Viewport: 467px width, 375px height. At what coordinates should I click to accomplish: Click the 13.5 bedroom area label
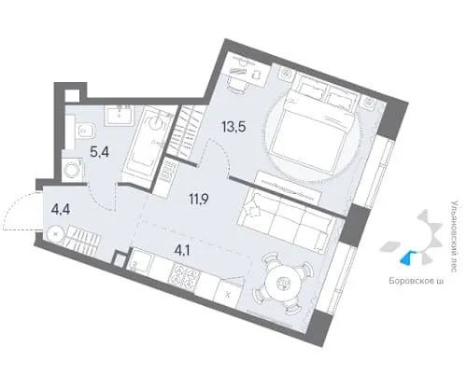233,127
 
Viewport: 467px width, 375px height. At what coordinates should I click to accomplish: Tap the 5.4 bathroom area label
99,152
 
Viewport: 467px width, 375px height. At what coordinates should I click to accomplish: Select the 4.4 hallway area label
61,209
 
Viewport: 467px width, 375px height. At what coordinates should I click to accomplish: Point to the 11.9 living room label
200,198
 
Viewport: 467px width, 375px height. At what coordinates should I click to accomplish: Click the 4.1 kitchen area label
182,250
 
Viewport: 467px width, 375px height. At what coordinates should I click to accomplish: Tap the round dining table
283,283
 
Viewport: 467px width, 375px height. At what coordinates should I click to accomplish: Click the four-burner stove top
184,276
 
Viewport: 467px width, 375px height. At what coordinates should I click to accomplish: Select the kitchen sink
140,261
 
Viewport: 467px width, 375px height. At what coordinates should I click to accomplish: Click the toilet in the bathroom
85,131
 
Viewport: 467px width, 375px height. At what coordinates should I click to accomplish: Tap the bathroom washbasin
119,116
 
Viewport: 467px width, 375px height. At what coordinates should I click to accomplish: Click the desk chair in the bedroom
237,85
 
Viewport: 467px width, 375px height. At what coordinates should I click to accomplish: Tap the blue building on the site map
405,257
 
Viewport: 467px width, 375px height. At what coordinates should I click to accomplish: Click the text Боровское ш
416,281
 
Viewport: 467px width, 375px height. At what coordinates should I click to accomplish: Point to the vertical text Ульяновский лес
454,236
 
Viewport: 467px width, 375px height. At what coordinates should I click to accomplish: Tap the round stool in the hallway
56,234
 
